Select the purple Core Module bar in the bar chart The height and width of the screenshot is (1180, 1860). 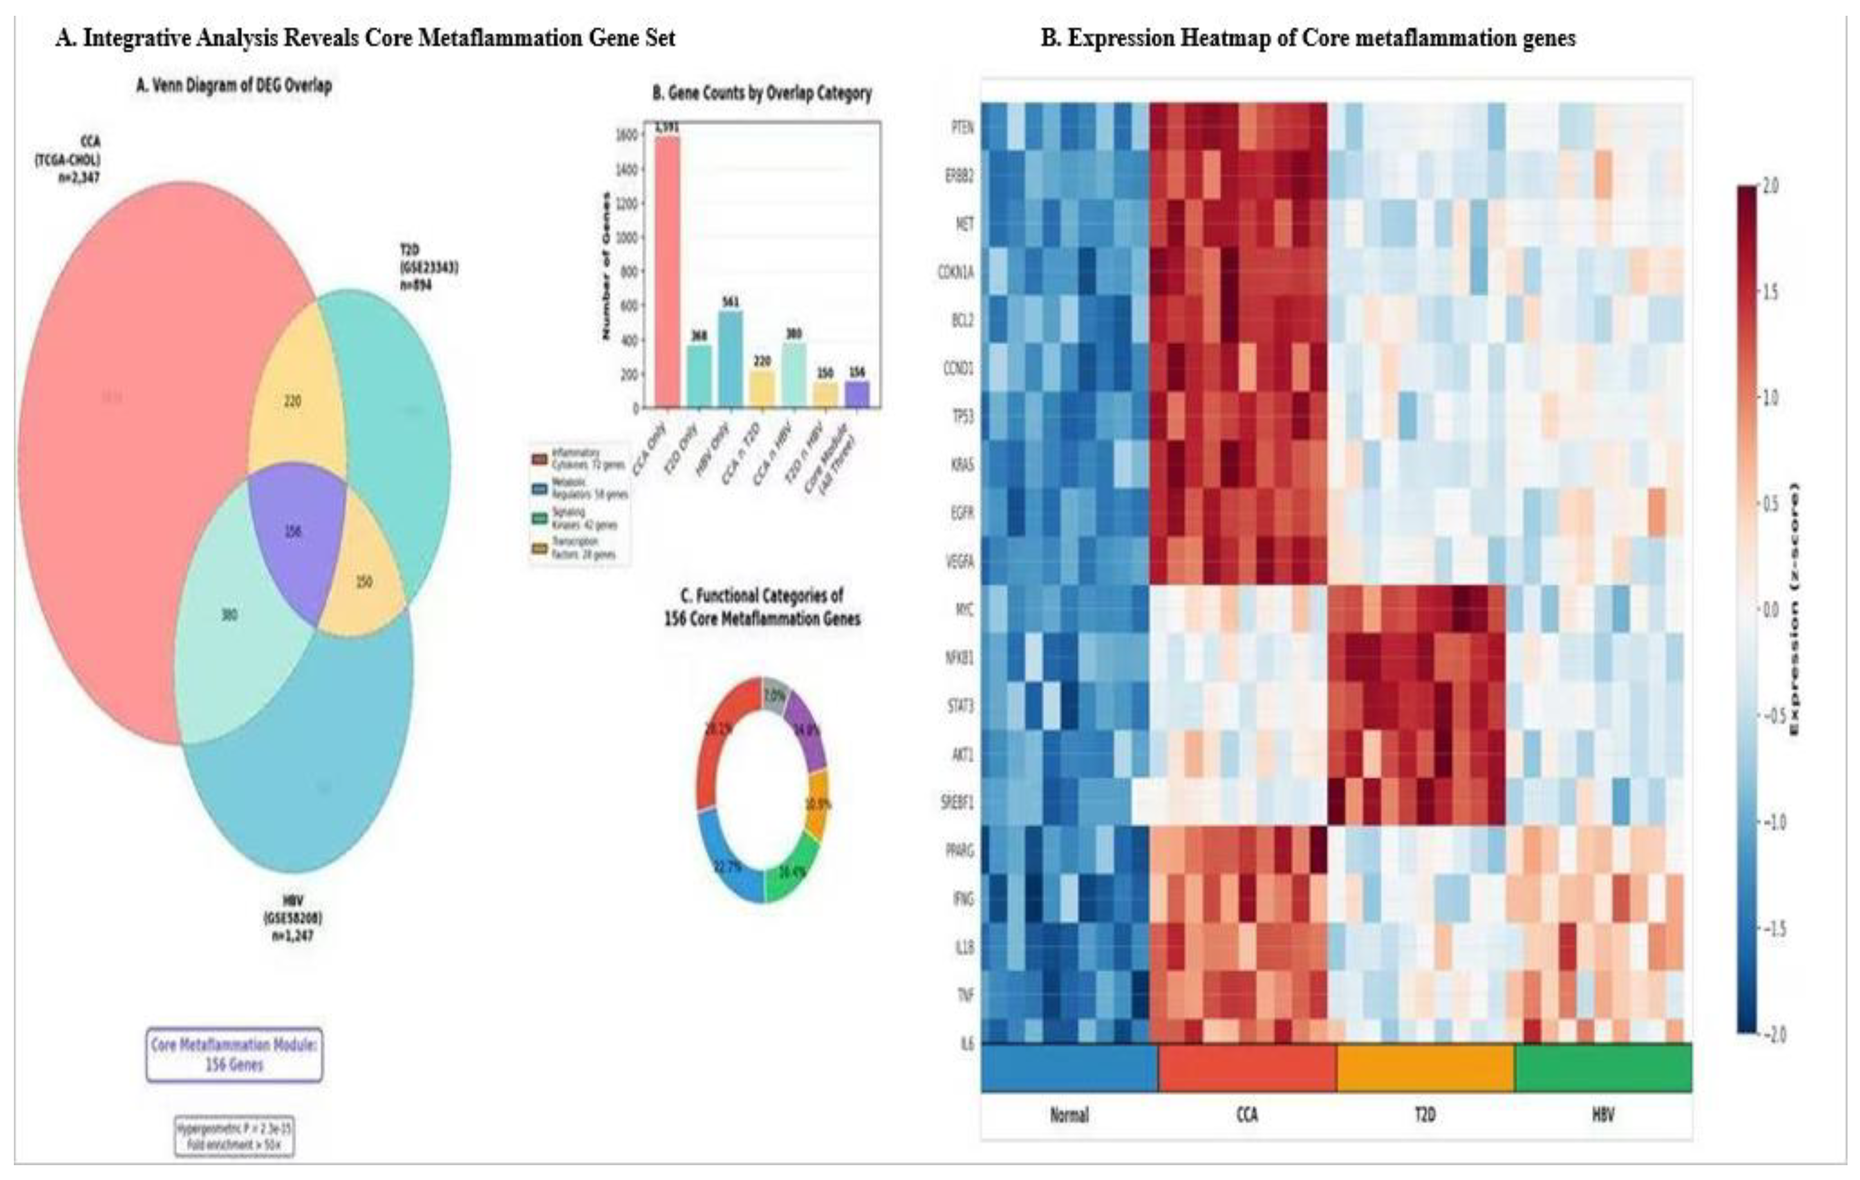(856, 394)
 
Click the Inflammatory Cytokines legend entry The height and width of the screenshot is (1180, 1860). (580, 459)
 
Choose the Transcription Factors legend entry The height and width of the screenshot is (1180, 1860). (580, 548)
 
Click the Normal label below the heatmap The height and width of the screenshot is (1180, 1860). (1069, 1115)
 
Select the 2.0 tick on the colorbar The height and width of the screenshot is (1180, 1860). (1768, 186)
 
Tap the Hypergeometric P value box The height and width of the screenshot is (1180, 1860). (234, 1136)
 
